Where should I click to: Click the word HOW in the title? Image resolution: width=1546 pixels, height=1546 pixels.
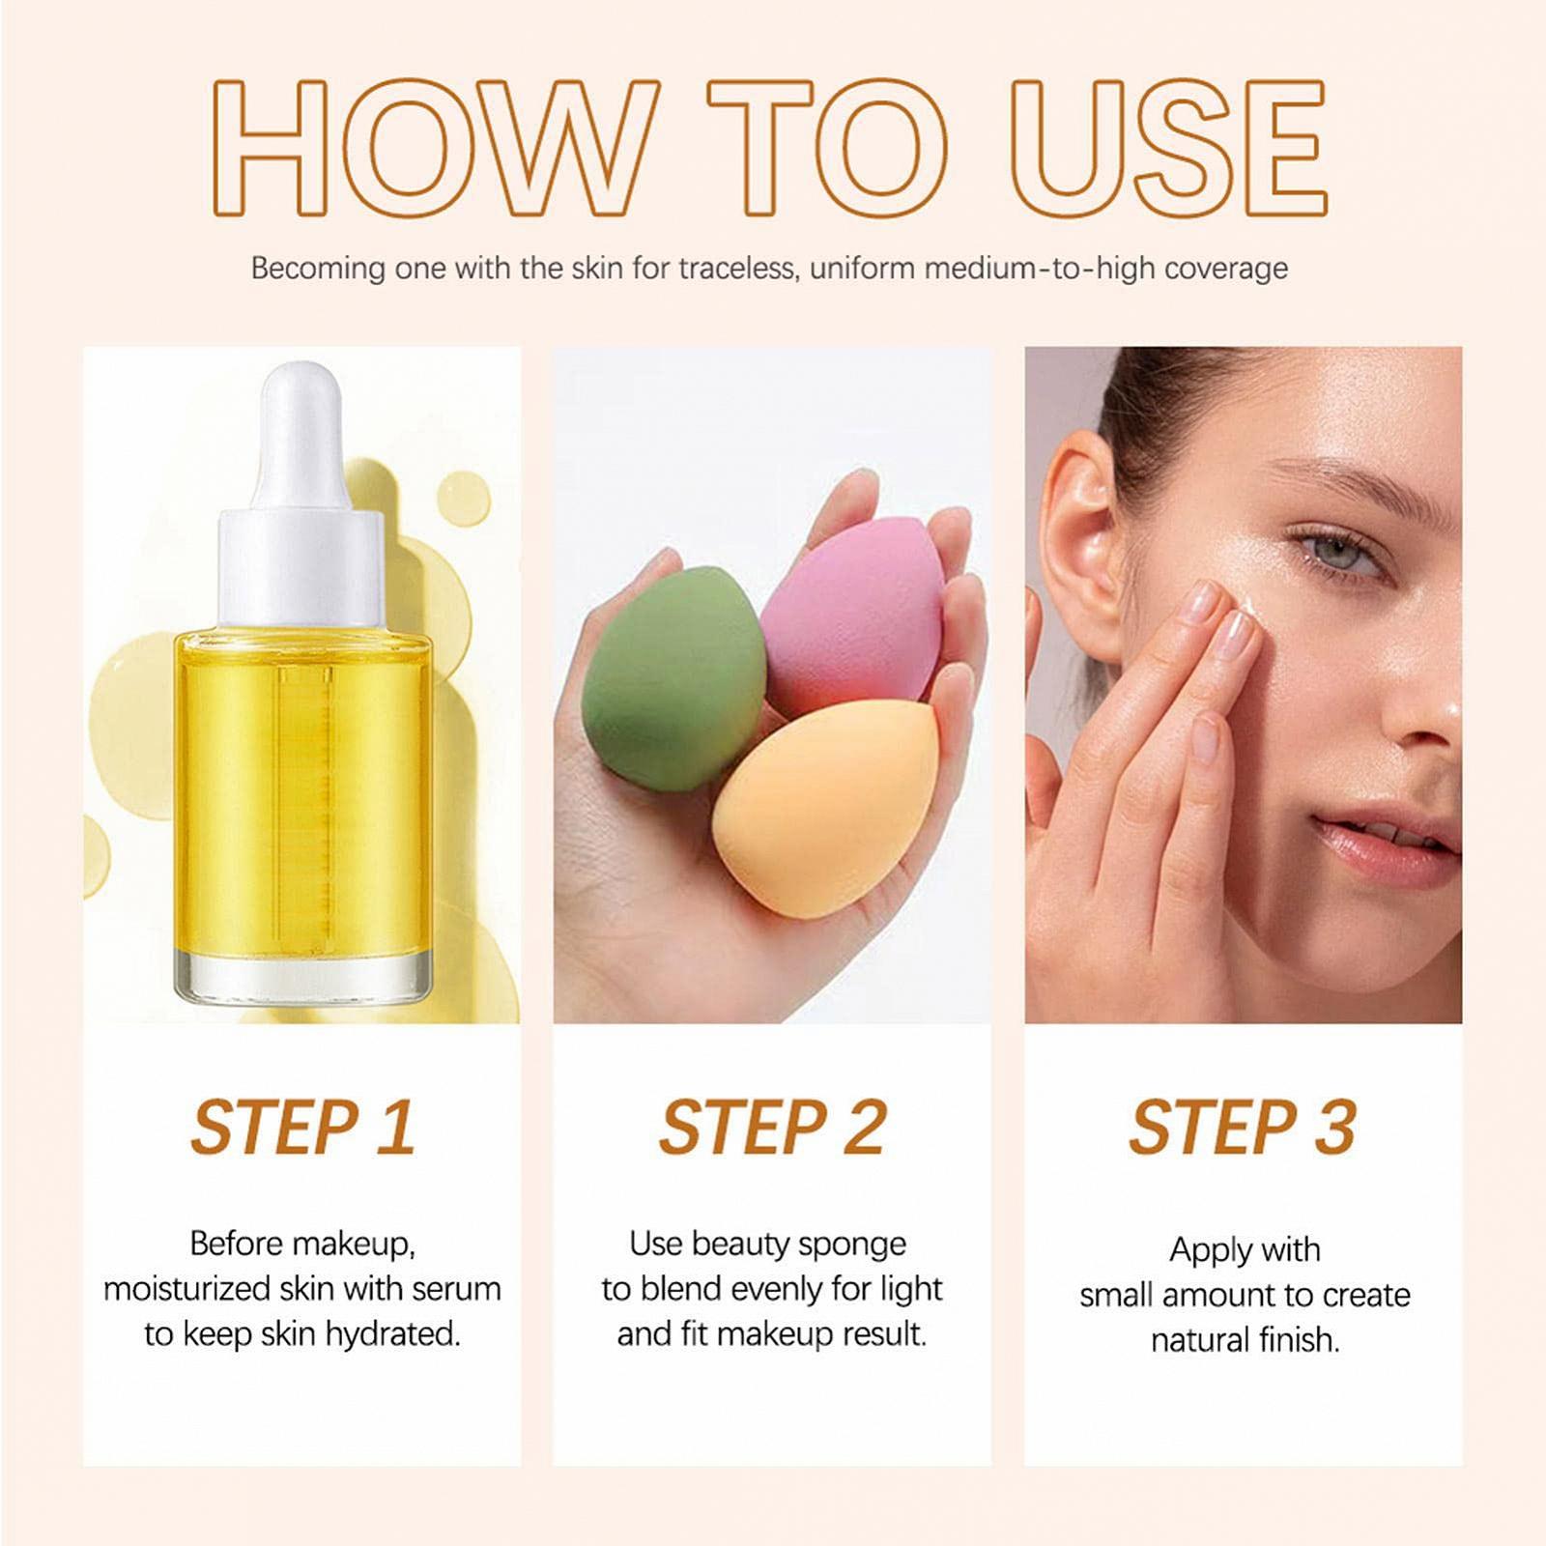429,146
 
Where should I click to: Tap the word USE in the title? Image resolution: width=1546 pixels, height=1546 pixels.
1168,146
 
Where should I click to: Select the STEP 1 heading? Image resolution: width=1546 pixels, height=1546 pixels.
302,1127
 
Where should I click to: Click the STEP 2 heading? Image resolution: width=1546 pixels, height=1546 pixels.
772,1127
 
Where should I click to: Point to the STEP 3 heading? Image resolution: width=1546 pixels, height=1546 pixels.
1243,1127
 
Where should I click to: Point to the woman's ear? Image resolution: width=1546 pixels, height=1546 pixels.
1077,541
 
